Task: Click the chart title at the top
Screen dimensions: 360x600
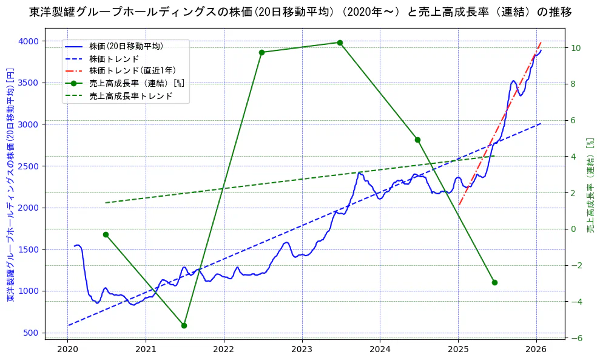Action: coord(300,12)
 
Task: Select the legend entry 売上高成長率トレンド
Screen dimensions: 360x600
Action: coord(130,96)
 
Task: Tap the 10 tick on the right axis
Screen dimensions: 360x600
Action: coord(576,48)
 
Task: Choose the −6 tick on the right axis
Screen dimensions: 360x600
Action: coord(576,338)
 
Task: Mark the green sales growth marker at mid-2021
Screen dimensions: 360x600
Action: coord(184,325)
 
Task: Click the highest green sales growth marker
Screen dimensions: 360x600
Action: coord(340,42)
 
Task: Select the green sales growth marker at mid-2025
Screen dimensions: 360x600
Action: coord(494,282)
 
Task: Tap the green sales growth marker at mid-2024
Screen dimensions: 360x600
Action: coord(417,140)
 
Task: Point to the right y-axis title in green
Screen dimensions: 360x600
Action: coord(590,185)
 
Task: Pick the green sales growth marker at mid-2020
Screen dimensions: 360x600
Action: coord(106,234)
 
